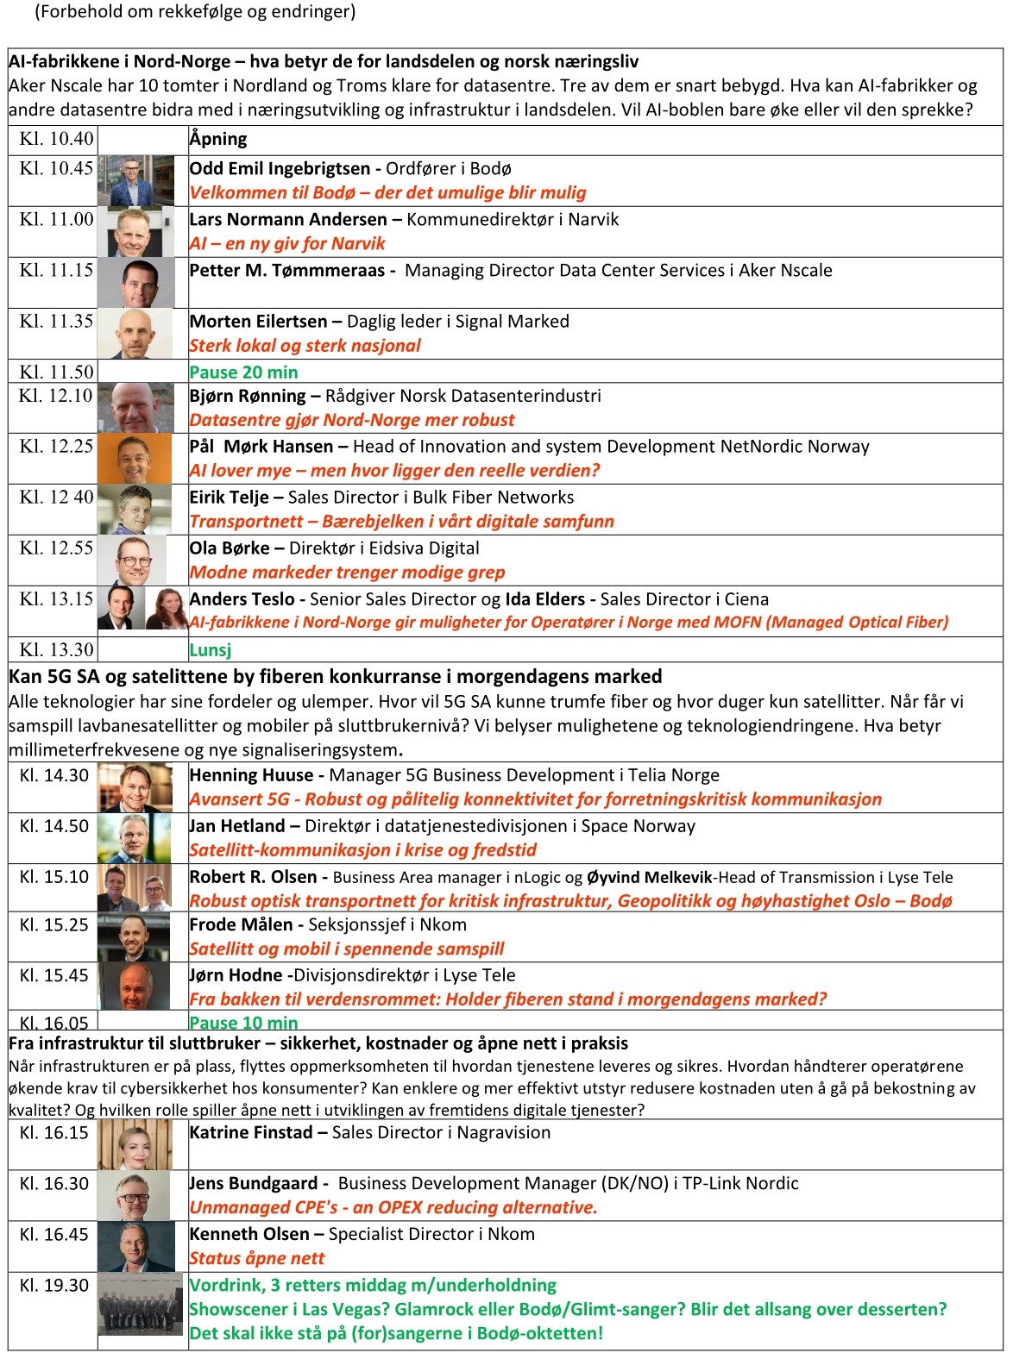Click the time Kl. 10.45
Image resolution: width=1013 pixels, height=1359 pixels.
56,168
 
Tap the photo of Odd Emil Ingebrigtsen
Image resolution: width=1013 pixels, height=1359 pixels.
135,180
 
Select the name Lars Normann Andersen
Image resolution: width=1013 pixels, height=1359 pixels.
288,220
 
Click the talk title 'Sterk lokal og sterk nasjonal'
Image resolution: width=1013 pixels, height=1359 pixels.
305,346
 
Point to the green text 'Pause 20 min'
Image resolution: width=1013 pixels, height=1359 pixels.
243,373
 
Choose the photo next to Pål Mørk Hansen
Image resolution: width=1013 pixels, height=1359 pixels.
135,458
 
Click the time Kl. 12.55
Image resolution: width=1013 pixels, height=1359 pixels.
56,548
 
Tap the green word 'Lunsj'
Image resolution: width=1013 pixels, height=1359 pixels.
211,650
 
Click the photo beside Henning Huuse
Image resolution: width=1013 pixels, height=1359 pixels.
135,787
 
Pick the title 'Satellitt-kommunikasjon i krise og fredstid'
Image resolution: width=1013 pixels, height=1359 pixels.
362,850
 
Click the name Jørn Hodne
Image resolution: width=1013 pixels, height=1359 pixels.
236,975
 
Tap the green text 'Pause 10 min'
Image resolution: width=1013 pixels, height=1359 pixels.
243,1023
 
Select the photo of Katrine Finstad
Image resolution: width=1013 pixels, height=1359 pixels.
135,1144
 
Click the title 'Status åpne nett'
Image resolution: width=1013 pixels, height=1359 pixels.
257,1258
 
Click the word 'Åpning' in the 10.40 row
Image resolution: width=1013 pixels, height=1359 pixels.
218,139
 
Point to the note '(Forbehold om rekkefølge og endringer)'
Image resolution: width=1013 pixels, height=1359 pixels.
195,12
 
